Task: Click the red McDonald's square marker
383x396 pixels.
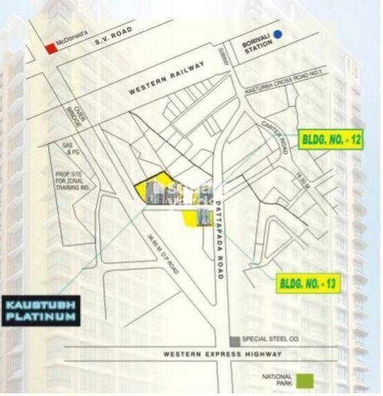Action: (x=49, y=48)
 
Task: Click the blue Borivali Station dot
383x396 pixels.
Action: (x=277, y=34)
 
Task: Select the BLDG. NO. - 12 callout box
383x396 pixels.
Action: (x=331, y=139)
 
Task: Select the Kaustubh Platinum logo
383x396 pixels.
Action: (x=43, y=310)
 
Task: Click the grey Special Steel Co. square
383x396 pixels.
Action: (x=235, y=341)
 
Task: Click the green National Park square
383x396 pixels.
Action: (x=309, y=379)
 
